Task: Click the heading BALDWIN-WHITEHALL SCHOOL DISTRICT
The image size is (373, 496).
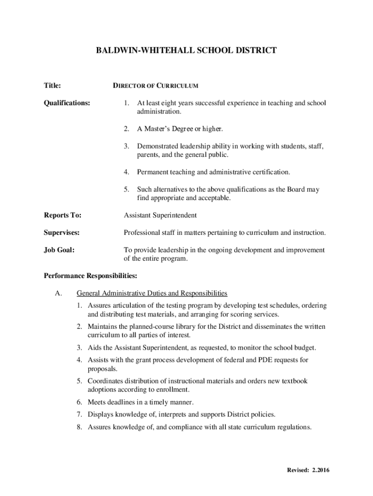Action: (x=186, y=50)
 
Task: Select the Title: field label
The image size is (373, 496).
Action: (x=52, y=86)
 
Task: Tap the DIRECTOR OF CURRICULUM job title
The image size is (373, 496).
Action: (x=155, y=86)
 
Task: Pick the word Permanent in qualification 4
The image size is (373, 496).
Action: (x=153, y=172)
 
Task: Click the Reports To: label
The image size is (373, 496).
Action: (x=62, y=215)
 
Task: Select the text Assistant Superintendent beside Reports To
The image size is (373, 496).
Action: (x=160, y=215)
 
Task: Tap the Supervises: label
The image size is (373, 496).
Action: (x=62, y=232)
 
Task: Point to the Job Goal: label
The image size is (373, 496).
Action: (x=59, y=250)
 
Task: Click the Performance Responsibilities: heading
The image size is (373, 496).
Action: (x=91, y=276)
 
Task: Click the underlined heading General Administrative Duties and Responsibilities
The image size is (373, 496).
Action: (x=152, y=293)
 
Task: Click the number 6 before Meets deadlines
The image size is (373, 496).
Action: (x=79, y=402)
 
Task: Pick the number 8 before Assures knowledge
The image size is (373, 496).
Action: (x=79, y=427)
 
